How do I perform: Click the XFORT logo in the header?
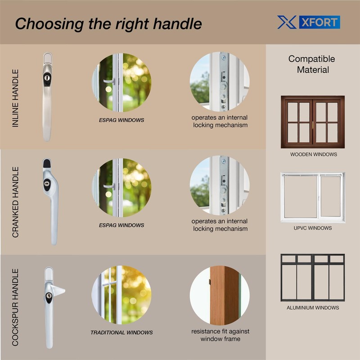click(308, 22)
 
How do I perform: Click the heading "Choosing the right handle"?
click(108, 24)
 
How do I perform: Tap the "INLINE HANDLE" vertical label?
click(16, 98)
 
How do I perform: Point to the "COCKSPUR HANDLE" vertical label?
click(16, 307)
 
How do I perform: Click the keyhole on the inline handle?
click(47, 78)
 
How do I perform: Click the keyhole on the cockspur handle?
click(49, 297)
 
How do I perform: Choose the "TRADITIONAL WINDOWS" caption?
click(121, 333)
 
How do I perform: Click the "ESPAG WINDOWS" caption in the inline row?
click(121, 120)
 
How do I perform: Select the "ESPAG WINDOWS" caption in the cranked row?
click(121, 225)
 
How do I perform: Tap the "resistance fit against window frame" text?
click(220, 335)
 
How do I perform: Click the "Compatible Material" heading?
click(312, 64)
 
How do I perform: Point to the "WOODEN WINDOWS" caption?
click(313, 154)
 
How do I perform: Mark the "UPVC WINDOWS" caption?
click(313, 228)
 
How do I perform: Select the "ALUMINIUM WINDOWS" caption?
click(313, 308)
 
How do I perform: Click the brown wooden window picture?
click(312, 121)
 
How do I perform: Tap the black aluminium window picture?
click(312, 277)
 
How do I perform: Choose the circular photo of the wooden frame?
click(220, 295)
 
